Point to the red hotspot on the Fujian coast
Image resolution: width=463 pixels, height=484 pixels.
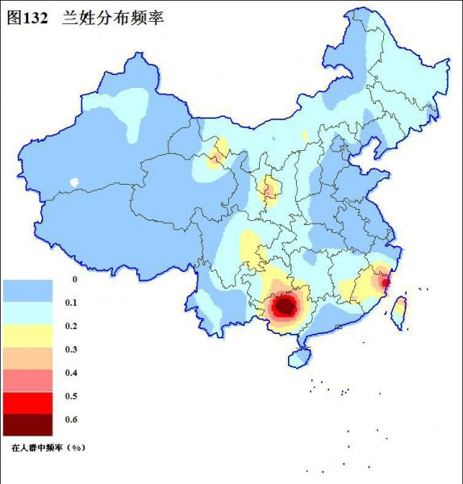coord(385,282)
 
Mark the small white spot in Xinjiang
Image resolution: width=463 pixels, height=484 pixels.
coord(76,182)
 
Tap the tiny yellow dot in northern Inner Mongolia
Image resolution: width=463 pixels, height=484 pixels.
coord(304,135)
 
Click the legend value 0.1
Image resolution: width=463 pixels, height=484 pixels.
coord(70,302)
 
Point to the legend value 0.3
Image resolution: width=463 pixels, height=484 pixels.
coord(70,349)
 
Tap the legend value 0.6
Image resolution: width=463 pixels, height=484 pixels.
coord(70,419)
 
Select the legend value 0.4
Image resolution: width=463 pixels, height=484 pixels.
coord(70,373)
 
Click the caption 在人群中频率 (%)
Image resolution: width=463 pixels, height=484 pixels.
coord(48,446)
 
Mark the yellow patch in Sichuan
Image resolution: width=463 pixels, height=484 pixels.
coord(252,246)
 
